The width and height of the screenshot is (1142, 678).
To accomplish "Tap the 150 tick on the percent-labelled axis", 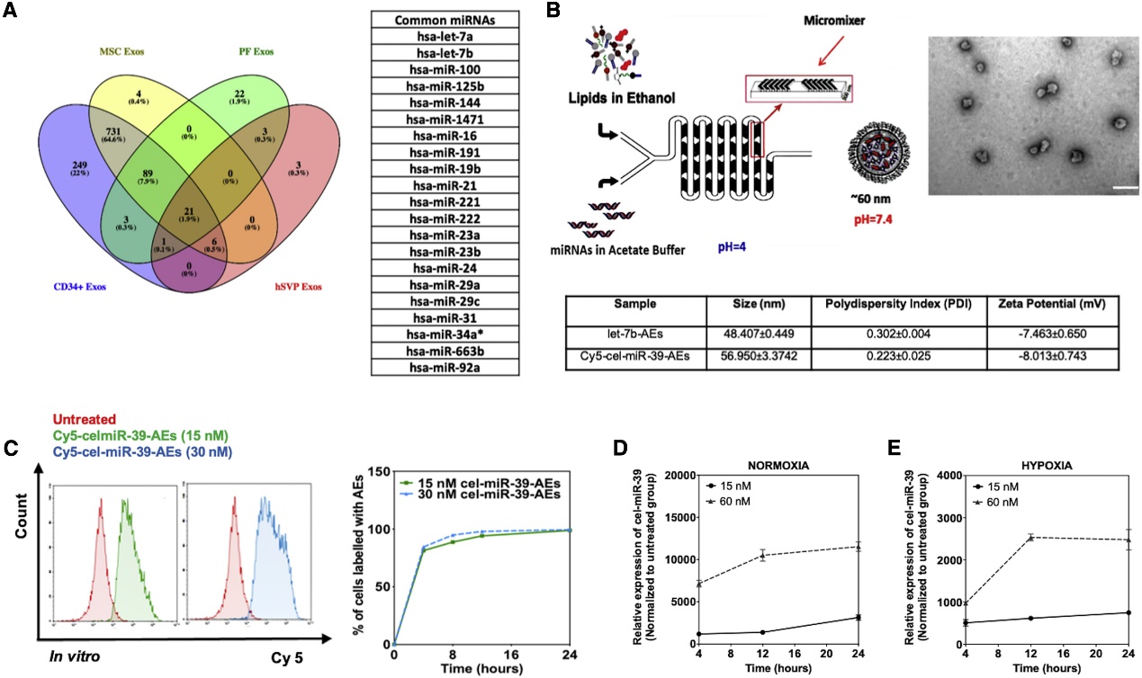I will (x=378, y=472).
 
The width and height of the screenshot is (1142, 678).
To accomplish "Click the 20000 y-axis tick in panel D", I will (x=683, y=474).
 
